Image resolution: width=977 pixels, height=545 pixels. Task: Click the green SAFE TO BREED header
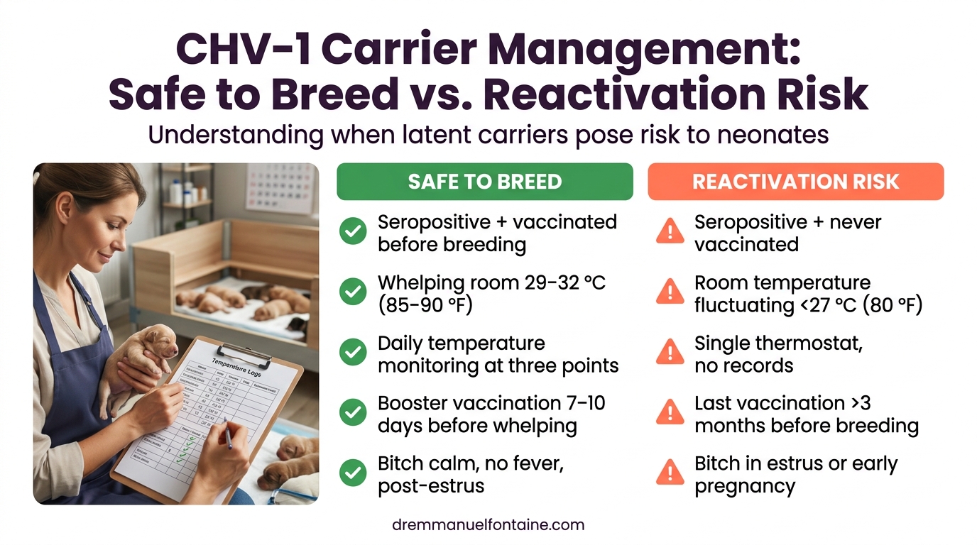(484, 182)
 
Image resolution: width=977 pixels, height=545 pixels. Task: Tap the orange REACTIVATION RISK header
(795, 182)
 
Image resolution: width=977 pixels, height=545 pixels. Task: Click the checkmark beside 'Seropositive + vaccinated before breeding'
(353, 232)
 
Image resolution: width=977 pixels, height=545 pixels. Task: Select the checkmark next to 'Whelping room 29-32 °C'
(353, 292)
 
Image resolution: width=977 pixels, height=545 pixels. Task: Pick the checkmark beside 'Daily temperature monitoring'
(353, 353)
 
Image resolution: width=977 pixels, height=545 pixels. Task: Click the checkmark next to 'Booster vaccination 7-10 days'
(353, 413)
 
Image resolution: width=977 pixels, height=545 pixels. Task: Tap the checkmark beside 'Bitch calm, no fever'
(353, 473)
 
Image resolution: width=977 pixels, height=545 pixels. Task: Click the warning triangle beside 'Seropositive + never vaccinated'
(670, 232)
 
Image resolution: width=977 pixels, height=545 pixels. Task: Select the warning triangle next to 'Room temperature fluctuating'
(670, 292)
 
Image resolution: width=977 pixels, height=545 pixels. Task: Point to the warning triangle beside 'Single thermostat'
(670, 353)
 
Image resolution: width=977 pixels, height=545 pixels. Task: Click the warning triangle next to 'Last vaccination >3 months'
(670, 413)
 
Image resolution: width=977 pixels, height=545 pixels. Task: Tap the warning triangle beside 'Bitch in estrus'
(670, 473)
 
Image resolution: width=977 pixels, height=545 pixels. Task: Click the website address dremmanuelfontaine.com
(488, 525)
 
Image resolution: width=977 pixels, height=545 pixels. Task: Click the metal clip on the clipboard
(244, 353)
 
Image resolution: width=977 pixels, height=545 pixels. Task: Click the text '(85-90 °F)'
(425, 305)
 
